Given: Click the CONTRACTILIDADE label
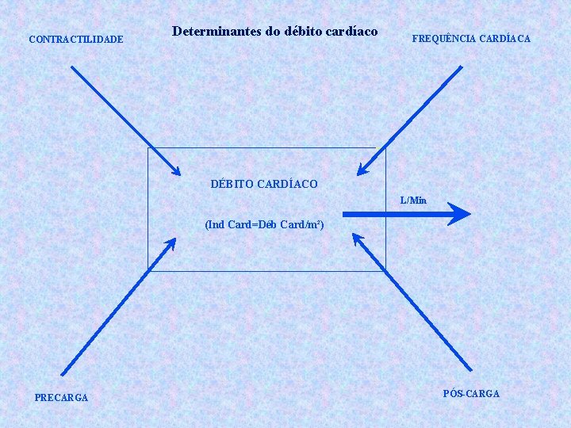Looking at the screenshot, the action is (75, 38).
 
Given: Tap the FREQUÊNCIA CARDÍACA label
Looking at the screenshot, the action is (471, 38).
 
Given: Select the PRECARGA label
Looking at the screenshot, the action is (61, 397).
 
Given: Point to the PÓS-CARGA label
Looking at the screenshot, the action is (471, 393).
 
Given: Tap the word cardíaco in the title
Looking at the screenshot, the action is (350, 33).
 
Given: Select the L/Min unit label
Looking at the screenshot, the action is (413, 201).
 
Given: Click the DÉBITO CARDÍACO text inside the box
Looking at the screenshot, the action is (264, 184).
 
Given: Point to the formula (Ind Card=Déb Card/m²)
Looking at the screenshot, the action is (264, 224).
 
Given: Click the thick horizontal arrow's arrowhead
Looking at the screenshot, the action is (458, 213).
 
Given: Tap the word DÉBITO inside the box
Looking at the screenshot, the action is (232, 184).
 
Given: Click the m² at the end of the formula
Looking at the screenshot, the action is (316, 224).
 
